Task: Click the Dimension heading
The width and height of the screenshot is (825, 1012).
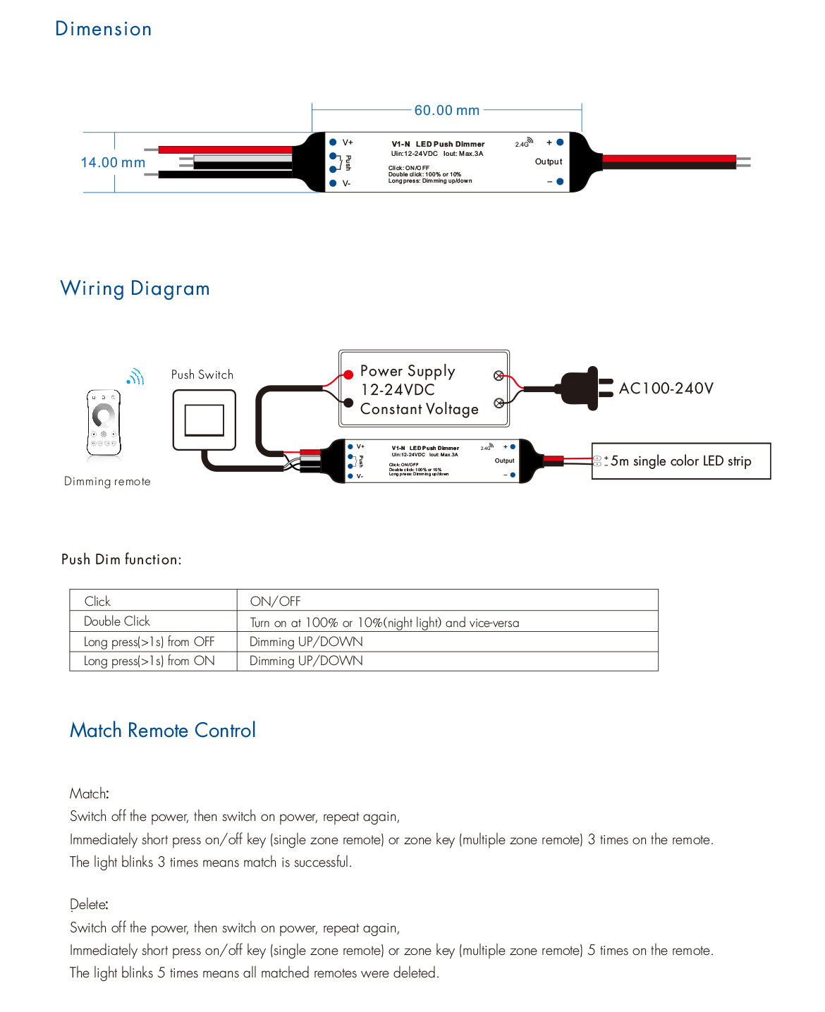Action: [x=104, y=29]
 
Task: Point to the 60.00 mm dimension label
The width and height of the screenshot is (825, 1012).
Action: [x=446, y=111]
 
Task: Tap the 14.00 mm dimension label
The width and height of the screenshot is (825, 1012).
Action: [x=113, y=163]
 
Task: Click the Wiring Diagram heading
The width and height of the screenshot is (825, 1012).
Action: [x=135, y=288]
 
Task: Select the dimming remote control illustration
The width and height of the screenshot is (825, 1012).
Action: [x=104, y=423]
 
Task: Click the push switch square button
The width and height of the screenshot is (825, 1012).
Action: [x=204, y=420]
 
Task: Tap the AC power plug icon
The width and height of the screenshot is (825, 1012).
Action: [x=585, y=388]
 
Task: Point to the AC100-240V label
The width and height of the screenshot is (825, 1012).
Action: [x=666, y=389]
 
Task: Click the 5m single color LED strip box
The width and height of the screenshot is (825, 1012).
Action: [x=680, y=461]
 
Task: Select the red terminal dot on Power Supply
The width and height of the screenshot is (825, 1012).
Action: [x=348, y=374]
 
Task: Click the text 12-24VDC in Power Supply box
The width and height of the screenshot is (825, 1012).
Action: [x=398, y=390]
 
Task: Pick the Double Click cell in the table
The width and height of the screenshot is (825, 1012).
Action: [x=117, y=621]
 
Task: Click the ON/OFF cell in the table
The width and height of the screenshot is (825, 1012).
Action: [x=275, y=602]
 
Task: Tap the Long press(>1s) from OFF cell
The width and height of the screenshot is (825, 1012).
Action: [x=149, y=642]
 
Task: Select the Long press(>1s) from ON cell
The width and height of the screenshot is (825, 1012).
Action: [x=149, y=661]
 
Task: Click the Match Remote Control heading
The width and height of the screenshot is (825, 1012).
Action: [x=163, y=731]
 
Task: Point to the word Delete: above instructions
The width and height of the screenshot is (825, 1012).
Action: [x=89, y=905]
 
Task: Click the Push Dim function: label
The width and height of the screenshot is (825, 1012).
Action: [x=121, y=560]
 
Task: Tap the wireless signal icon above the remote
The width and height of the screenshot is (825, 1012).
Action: [x=135, y=377]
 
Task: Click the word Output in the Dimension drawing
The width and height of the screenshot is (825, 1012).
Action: [x=549, y=161]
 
